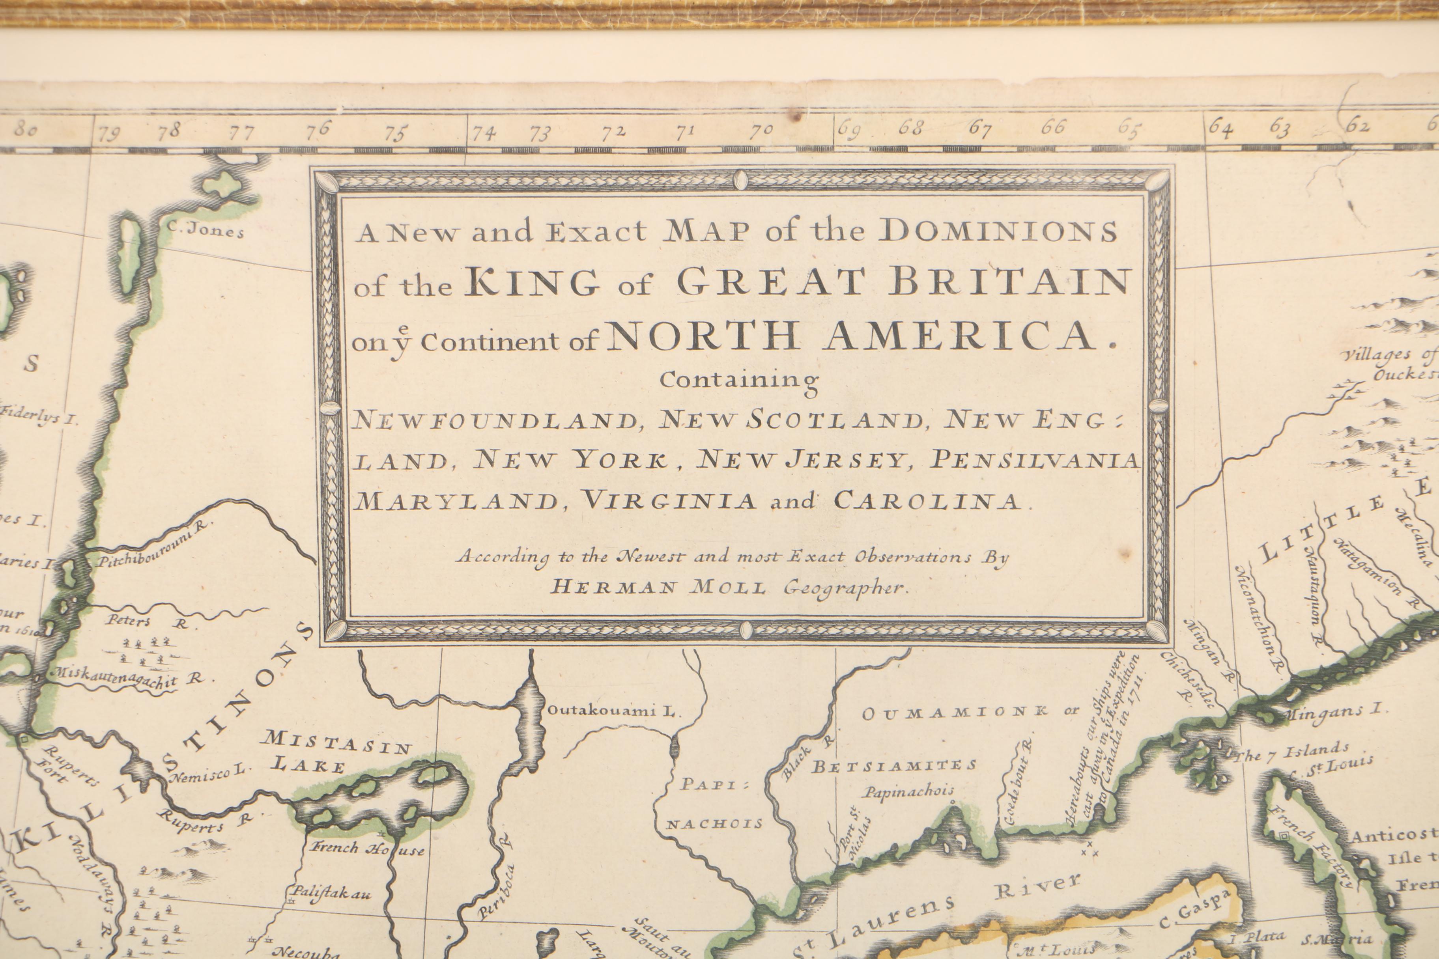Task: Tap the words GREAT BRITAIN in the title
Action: (x=903, y=282)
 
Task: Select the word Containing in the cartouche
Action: (x=738, y=381)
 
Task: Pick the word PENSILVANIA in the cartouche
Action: (x=1034, y=459)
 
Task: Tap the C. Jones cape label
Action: (x=206, y=231)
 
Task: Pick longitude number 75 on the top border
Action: (x=396, y=133)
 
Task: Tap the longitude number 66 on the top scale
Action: (x=1053, y=127)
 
